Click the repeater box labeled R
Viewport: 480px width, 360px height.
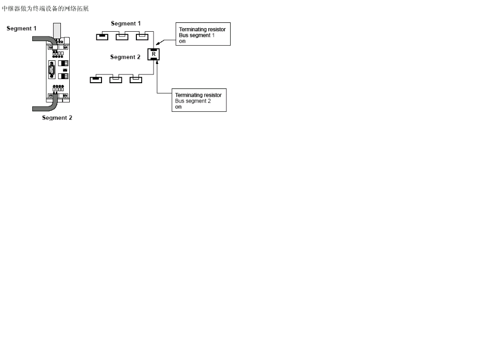pos(154,54)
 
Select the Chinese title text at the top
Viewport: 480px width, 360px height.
pos(46,9)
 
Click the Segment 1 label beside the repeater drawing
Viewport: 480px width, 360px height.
pos(21,29)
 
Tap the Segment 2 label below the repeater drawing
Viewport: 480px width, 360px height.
pos(57,118)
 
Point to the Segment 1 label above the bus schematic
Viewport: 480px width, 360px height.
pos(125,23)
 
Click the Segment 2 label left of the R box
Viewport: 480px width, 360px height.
pos(125,57)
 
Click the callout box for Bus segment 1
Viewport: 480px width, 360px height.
pos(202,34)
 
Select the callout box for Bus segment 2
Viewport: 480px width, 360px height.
pos(199,100)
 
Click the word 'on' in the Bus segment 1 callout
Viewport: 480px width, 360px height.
pos(182,41)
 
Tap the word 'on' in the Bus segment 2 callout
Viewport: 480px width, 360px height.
pos(178,107)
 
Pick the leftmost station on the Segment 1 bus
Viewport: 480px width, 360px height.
pos(102,36)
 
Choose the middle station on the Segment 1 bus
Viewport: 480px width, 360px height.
pos(122,36)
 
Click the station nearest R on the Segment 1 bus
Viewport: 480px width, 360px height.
pos(142,36)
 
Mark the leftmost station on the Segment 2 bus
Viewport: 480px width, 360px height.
pos(96,80)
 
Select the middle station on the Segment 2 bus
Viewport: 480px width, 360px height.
pos(116,80)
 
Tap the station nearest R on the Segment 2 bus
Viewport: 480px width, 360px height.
pos(135,80)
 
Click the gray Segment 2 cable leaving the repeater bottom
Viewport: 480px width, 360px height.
pos(45,106)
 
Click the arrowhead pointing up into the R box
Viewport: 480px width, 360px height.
pos(157,62)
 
